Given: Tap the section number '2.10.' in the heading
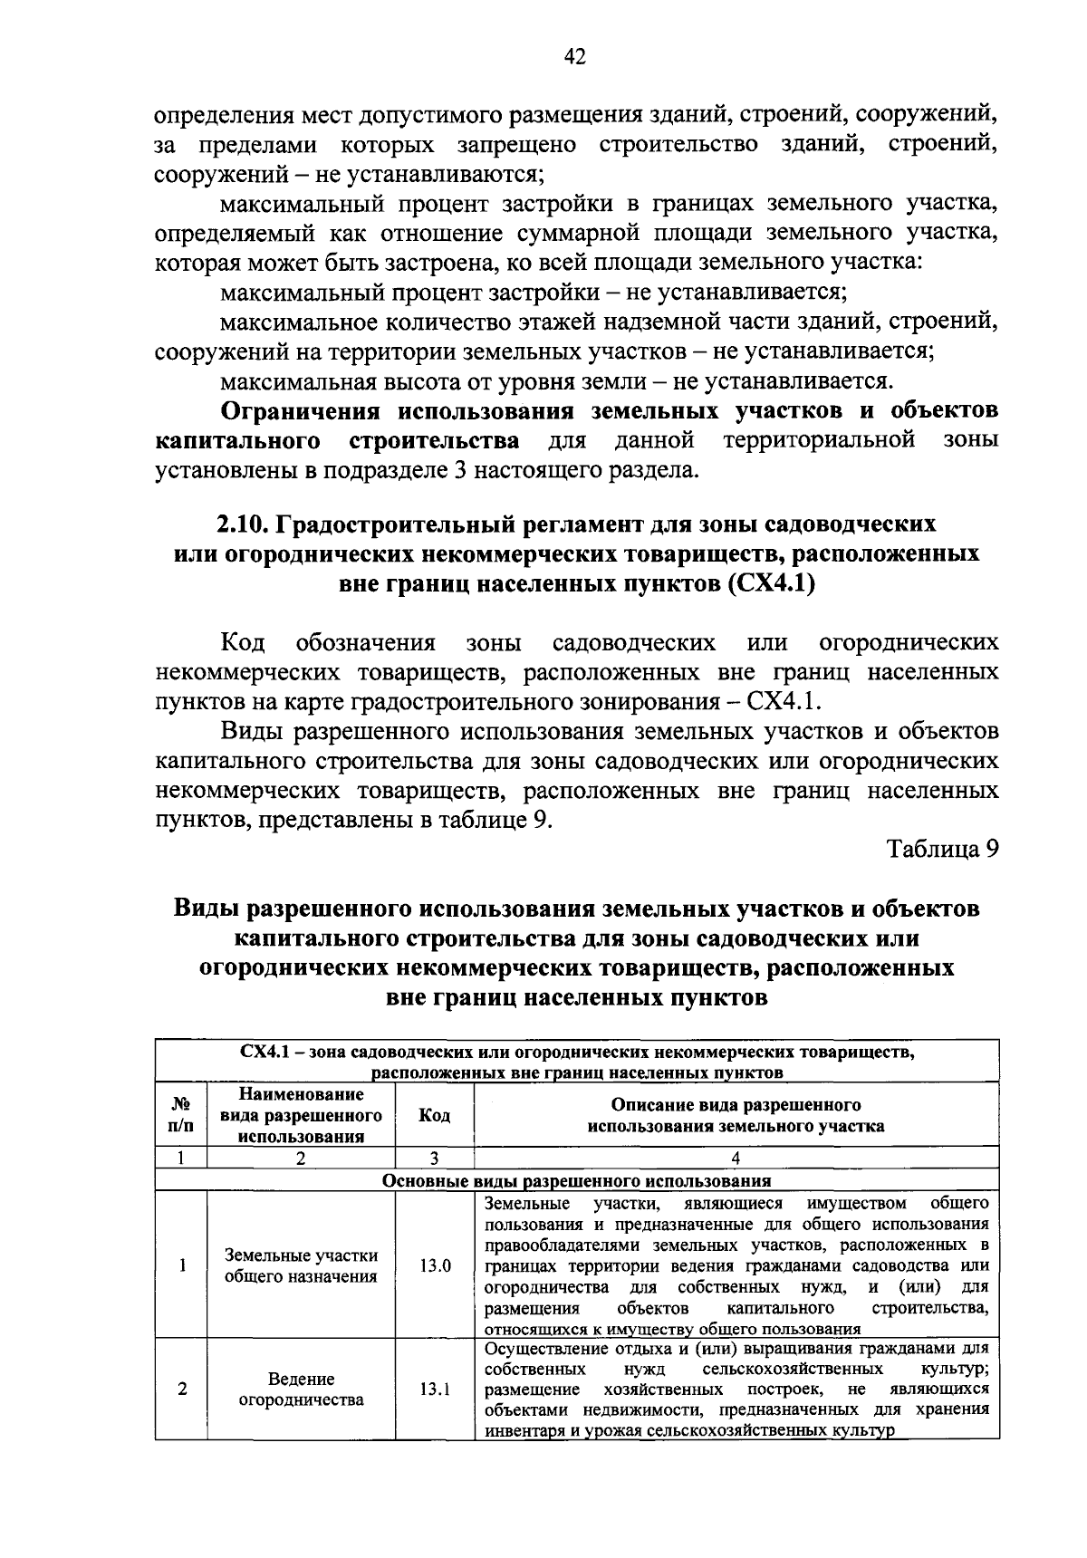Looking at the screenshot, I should click(x=244, y=524).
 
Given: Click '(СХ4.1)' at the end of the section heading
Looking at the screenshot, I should click(x=772, y=584).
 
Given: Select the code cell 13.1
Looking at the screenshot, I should click(x=435, y=1389).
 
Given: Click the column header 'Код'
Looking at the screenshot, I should click(x=435, y=1115).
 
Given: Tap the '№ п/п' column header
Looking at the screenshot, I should click(x=181, y=1115).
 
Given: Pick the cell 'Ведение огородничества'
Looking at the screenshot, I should click(x=302, y=1389).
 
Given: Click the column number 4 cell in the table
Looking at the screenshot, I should click(x=736, y=1158).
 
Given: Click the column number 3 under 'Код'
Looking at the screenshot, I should click(x=435, y=1158).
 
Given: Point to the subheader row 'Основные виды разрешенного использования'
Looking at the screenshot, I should click(x=576, y=1180).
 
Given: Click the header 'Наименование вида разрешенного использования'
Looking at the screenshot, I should click(x=302, y=1115).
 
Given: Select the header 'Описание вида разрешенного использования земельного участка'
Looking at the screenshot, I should click(x=736, y=1115).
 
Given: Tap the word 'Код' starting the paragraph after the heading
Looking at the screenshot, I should click(x=243, y=643).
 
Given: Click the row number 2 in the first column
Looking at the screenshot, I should click(x=182, y=1389).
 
